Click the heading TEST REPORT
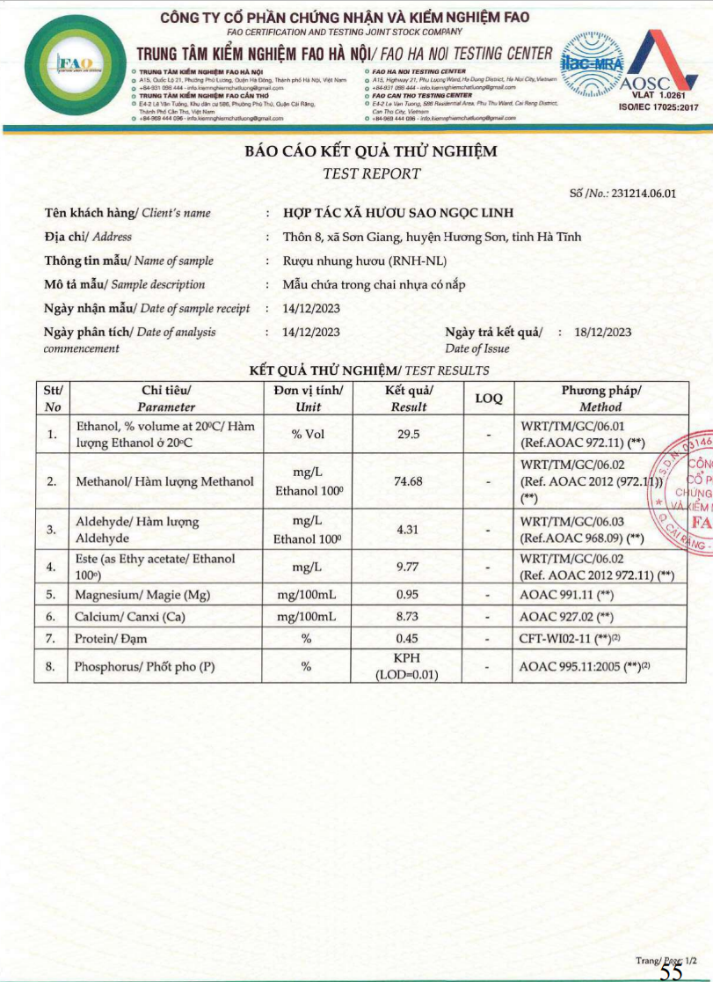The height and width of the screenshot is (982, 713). coord(372,173)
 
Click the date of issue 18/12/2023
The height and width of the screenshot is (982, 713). coord(602,332)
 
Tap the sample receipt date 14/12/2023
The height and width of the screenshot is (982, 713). coord(311,308)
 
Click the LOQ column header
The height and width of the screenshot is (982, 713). coord(488,399)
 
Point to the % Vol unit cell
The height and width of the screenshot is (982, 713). coord(309,435)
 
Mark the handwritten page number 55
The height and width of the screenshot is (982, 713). coord(671,971)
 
